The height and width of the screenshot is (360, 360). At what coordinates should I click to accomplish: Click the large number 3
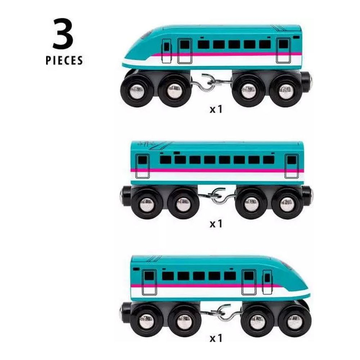(x=63, y=34)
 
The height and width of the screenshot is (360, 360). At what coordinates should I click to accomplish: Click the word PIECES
(x=64, y=60)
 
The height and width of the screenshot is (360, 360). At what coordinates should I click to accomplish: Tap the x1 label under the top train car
(x=216, y=109)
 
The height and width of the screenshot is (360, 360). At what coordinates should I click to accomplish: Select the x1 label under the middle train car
(x=216, y=224)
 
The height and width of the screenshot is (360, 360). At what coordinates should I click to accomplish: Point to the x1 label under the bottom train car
(x=216, y=338)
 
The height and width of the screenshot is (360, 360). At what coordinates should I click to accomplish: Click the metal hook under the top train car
(x=208, y=83)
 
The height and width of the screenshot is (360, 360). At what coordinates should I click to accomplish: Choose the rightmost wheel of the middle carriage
(x=287, y=203)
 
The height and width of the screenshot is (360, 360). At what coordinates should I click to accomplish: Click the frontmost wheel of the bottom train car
(x=295, y=320)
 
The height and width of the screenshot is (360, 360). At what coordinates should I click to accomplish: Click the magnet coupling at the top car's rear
(x=306, y=80)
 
